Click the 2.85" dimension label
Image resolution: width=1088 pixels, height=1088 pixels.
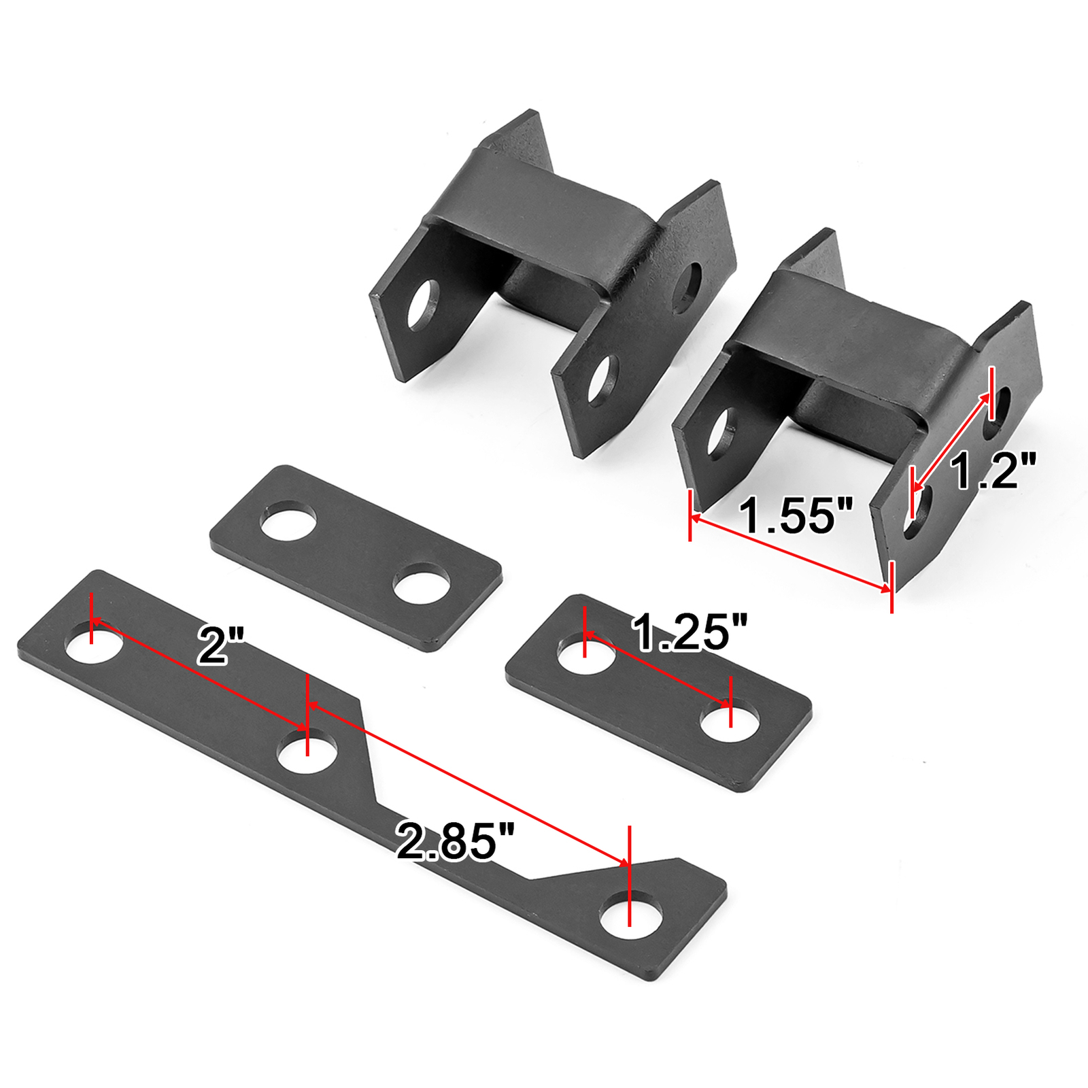point(455,841)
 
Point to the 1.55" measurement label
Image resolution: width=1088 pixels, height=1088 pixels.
point(795,515)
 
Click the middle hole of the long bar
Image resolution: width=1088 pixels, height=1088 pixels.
point(307,751)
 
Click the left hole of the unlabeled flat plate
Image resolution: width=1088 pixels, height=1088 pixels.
point(289,521)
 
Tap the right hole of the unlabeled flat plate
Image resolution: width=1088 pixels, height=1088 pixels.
point(422,583)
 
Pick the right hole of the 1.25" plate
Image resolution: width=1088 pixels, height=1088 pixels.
point(730,721)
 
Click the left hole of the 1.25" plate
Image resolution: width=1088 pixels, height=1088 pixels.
point(585,652)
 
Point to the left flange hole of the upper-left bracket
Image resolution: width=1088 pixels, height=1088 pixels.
point(423,304)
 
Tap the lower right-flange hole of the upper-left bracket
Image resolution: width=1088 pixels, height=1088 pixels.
point(603,380)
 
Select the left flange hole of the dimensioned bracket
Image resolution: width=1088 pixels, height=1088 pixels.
point(721,432)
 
